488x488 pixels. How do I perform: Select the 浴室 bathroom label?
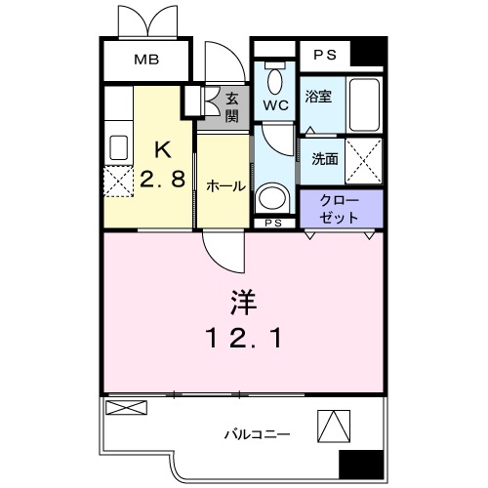pos(318,96)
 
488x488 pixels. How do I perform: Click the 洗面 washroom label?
pos(325,159)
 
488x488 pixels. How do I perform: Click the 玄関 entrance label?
pos(231,106)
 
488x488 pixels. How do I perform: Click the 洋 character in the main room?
pos(243,304)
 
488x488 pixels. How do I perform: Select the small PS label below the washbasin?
pos(274,224)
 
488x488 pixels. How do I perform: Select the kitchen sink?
pos(119,148)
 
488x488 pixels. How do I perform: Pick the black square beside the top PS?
pos(368,53)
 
